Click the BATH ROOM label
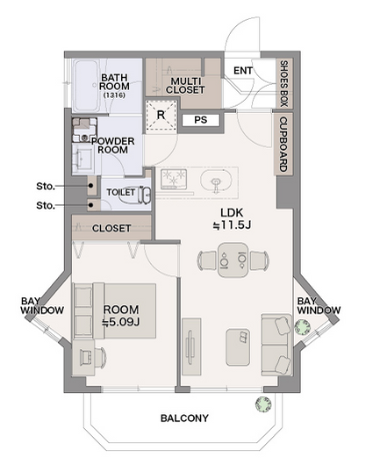pyautogui.click(x=114, y=82)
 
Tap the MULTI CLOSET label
pyautogui.click(x=185, y=86)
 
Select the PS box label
pyautogui.click(x=201, y=120)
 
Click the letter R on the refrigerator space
pyautogui.click(x=161, y=115)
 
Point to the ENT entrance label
pyautogui.click(x=243, y=71)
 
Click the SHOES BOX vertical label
pyautogui.click(x=284, y=84)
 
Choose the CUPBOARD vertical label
pyautogui.click(x=283, y=144)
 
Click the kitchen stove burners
pyautogui.click(x=174, y=179)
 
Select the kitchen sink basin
pyautogui.click(x=216, y=182)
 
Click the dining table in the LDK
pyautogui.click(x=233, y=260)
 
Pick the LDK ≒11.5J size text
pyautogui.click(x=232, y=219)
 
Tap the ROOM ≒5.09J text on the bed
pyautogui.click(x=121, y=315)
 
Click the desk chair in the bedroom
pyautogui.click(x=100, y=357)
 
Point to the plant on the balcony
pyautogui.click(x=263, y=404)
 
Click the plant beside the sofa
pyautogui.click(x=303, y=327)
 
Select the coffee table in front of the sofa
pyautogui.click(x=238, y=347)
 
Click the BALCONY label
pyautogui.click(x=185, y=418)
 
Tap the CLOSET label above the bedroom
pyautogui.click(x=111, y=229)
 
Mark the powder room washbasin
pyautogui.click(x=84, y=160)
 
